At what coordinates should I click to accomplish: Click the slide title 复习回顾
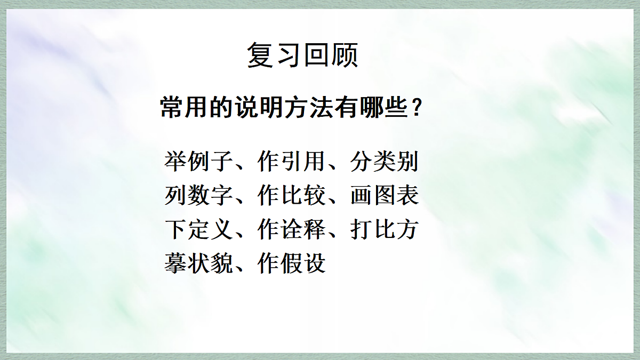pyautogui.click(x=302, y=55)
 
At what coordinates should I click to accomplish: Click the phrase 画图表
pyautogui.click(x=384, y=196)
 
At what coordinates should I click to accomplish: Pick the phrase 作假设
pyautogui.click(x=291, y=263)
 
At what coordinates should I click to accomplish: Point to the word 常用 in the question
pyautogui.click(x=182, y=109)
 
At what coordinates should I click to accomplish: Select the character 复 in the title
pyautogui.click(x=260, y=55)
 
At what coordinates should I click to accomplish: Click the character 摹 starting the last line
pyautogui.click(x=175, y=263)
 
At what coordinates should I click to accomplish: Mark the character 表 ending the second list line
pyautogui.click(x=407, y=196)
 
